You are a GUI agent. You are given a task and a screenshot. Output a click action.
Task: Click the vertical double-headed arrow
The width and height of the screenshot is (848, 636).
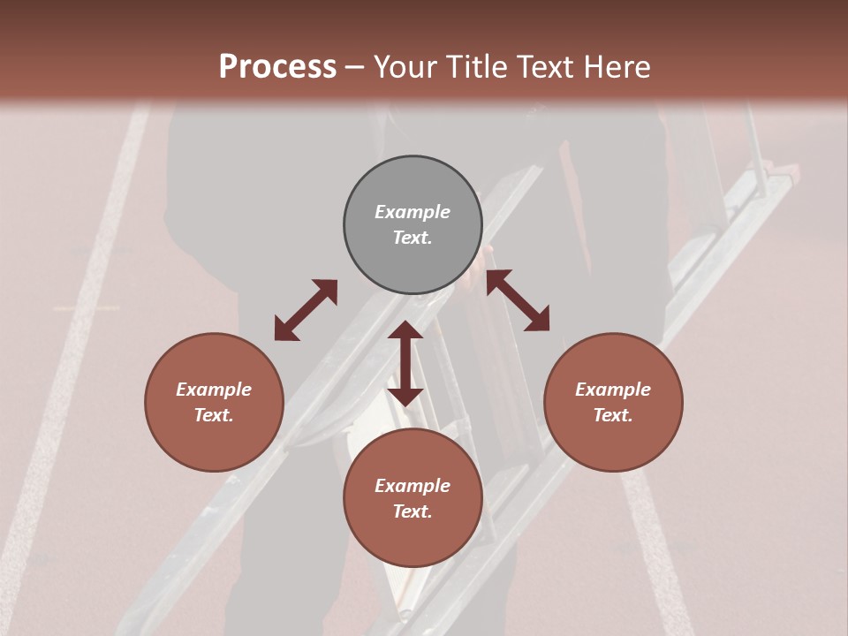[405, 363]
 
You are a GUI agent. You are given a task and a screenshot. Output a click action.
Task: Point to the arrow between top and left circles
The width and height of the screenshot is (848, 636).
[306, 310]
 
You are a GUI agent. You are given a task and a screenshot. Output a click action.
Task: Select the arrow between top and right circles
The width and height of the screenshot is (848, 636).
[518, 300]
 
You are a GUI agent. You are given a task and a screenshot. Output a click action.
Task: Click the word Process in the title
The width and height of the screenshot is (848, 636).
[277, 67]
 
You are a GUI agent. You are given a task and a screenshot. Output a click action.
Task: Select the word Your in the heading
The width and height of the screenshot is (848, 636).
[405, 67]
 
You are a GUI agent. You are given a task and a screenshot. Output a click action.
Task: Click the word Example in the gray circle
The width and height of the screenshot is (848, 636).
[413, 212]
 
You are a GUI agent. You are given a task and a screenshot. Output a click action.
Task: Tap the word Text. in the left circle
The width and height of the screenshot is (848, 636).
[214, 415]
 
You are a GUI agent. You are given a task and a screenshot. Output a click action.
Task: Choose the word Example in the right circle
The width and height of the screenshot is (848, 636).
[613, 390]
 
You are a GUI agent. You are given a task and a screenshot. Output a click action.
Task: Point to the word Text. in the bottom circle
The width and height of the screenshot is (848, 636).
[413, 511]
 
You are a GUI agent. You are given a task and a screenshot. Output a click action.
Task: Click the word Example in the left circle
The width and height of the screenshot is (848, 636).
[214, 390]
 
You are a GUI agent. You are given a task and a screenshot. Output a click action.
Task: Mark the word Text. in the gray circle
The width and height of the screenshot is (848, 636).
[413, 238]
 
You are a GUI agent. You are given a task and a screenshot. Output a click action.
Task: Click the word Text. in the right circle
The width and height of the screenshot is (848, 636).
[613, 415]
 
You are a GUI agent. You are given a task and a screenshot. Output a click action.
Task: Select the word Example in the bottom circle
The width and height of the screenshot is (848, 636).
[413, 486]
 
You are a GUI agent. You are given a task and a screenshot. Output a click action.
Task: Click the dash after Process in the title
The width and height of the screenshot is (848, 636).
[355, 68]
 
